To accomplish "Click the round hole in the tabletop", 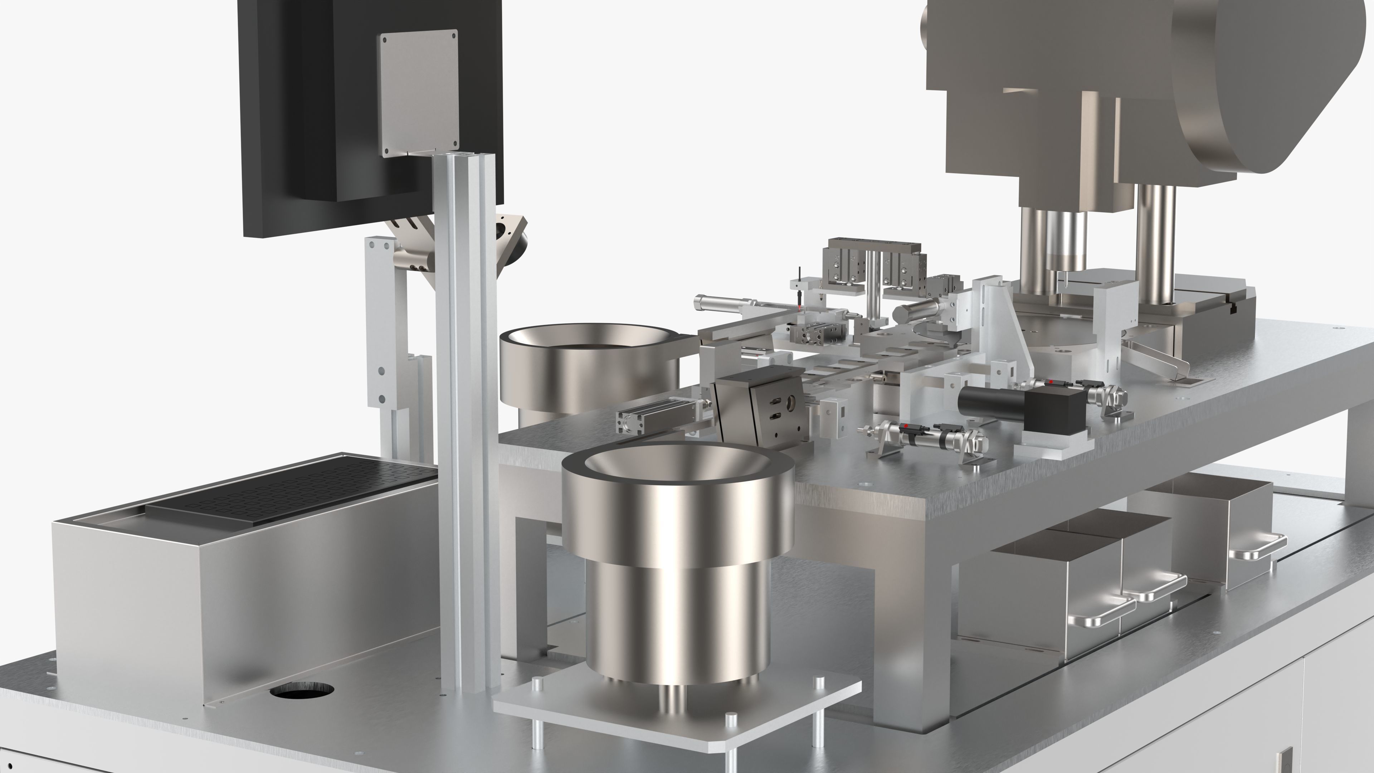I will (302, 691).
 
